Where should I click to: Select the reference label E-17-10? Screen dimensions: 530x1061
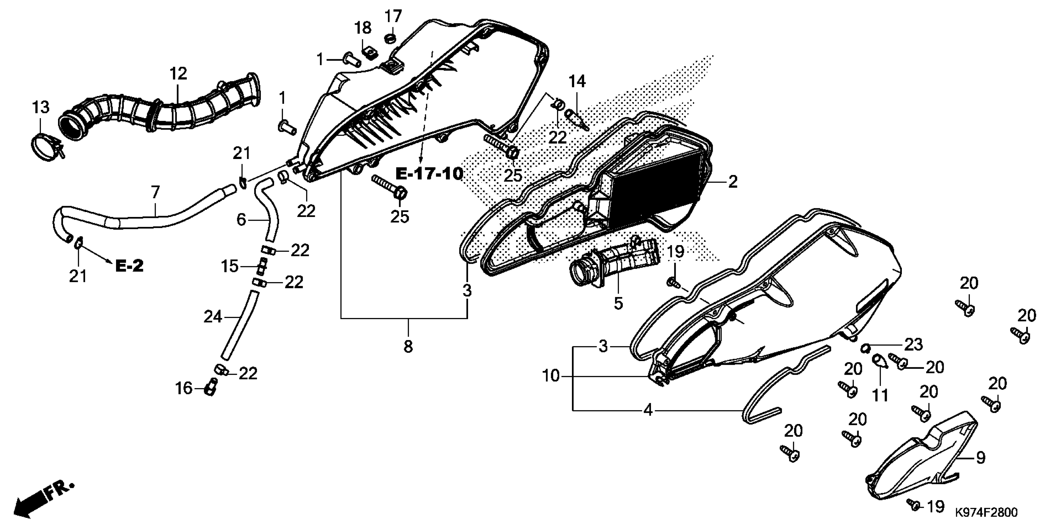[429, 174]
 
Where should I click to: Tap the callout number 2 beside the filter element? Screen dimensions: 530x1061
[732, 181]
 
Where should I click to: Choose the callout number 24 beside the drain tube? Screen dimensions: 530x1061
[213, 316]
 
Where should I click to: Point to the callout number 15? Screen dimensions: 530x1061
[229, 266]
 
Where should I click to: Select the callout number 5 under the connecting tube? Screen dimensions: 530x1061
[618, 303]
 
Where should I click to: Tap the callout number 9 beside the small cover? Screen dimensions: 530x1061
[980, 457]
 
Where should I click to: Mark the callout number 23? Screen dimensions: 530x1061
[913, 345]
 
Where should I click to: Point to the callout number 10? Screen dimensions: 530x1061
[551, 376]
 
